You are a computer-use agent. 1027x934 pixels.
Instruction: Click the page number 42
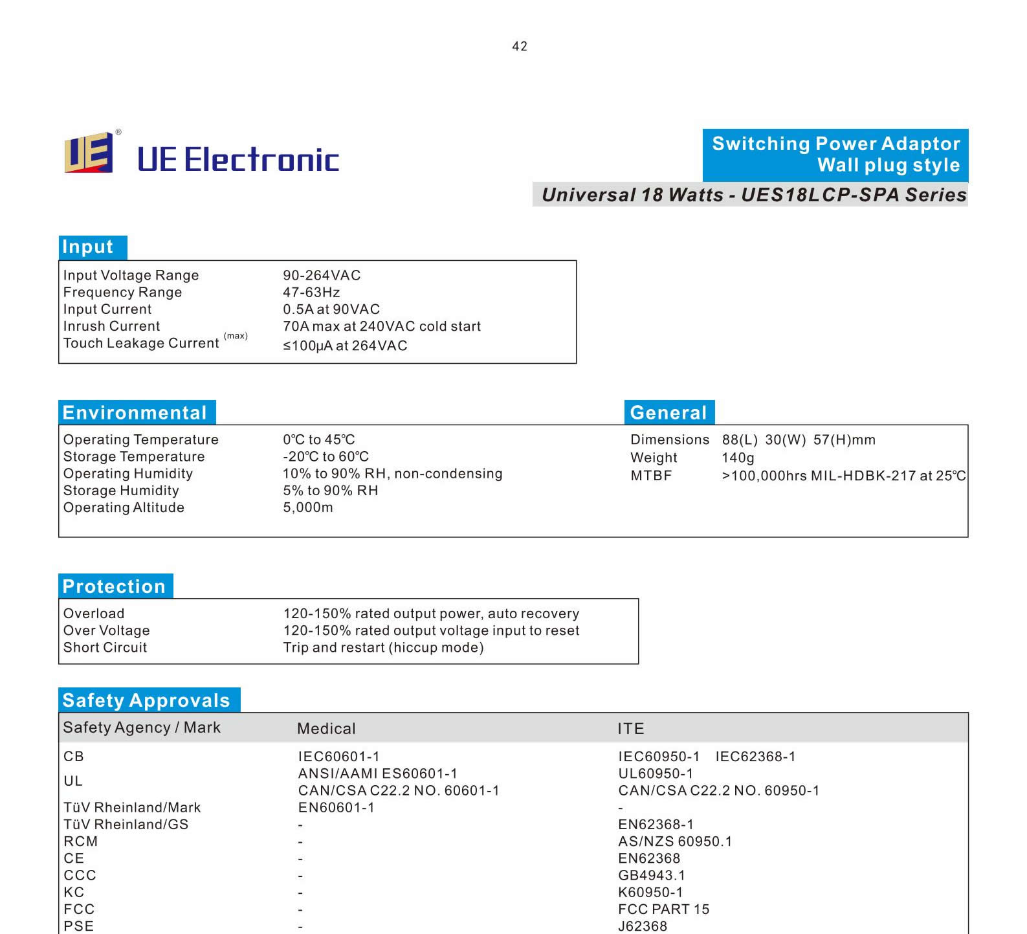(x=519, y=47)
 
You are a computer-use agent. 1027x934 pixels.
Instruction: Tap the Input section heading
(x=88, y=247)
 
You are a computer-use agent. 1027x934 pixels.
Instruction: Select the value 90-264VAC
(x=322, y=275)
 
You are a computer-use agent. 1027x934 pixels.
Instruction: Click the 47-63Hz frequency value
(x=311, y=293)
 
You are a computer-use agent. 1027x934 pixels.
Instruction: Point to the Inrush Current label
(x=111, y=326)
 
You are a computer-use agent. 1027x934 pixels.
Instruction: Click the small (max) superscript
(x=236, y=336)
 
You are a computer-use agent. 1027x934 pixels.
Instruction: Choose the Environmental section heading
(x=135, y=413)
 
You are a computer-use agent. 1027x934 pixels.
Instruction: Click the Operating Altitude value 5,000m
(x=308, y=507)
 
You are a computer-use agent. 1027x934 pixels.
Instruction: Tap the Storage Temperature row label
(x=134, y=457)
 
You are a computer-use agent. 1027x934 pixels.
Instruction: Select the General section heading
(x=668, y=413)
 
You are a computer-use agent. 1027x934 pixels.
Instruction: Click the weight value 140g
(x=738, y=458)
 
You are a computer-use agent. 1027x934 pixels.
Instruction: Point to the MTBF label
(x=651, y=476)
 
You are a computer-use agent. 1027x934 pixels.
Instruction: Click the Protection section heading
(x=115, y=586)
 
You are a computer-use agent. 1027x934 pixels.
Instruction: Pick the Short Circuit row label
(x=105, y=648)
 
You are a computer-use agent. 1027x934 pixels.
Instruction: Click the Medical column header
(x=326, y=729)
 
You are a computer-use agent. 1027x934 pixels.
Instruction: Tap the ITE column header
(x=630, y=729)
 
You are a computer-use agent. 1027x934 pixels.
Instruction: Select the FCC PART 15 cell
(x=663, y=909)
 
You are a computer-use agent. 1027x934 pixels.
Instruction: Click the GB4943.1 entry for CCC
(x=651, y=876)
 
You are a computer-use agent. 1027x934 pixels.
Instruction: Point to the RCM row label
(x=80, y=841)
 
